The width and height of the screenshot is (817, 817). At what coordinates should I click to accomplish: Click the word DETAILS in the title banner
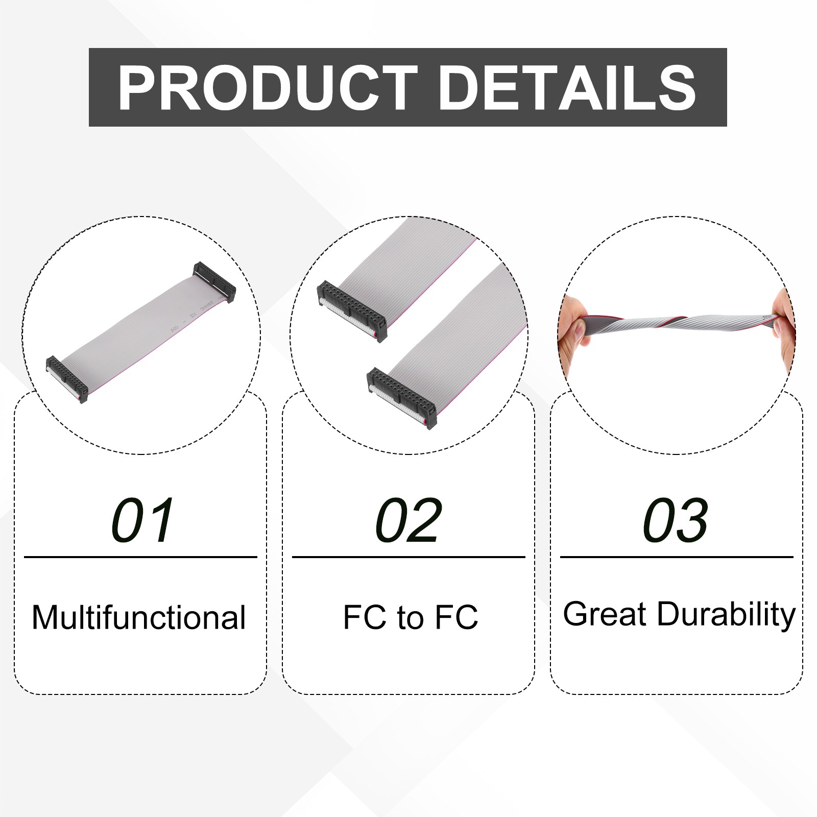point(567,88)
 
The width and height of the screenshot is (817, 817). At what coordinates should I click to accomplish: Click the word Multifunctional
point(139,617)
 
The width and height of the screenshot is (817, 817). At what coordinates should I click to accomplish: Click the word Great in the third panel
point(605,614)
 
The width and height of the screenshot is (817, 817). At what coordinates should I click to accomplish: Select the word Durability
point(726,615)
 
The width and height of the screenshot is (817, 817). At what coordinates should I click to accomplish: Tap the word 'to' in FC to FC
point(411,618)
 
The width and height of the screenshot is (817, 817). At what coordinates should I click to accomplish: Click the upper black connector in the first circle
point(214,282)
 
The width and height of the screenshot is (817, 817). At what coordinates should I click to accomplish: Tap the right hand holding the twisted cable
point(784,327)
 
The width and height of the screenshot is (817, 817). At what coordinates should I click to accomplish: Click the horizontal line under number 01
point(140,557)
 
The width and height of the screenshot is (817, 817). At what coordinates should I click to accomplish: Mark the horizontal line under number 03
point(677,557)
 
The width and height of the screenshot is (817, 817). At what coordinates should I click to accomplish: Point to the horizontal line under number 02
point(408,557)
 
